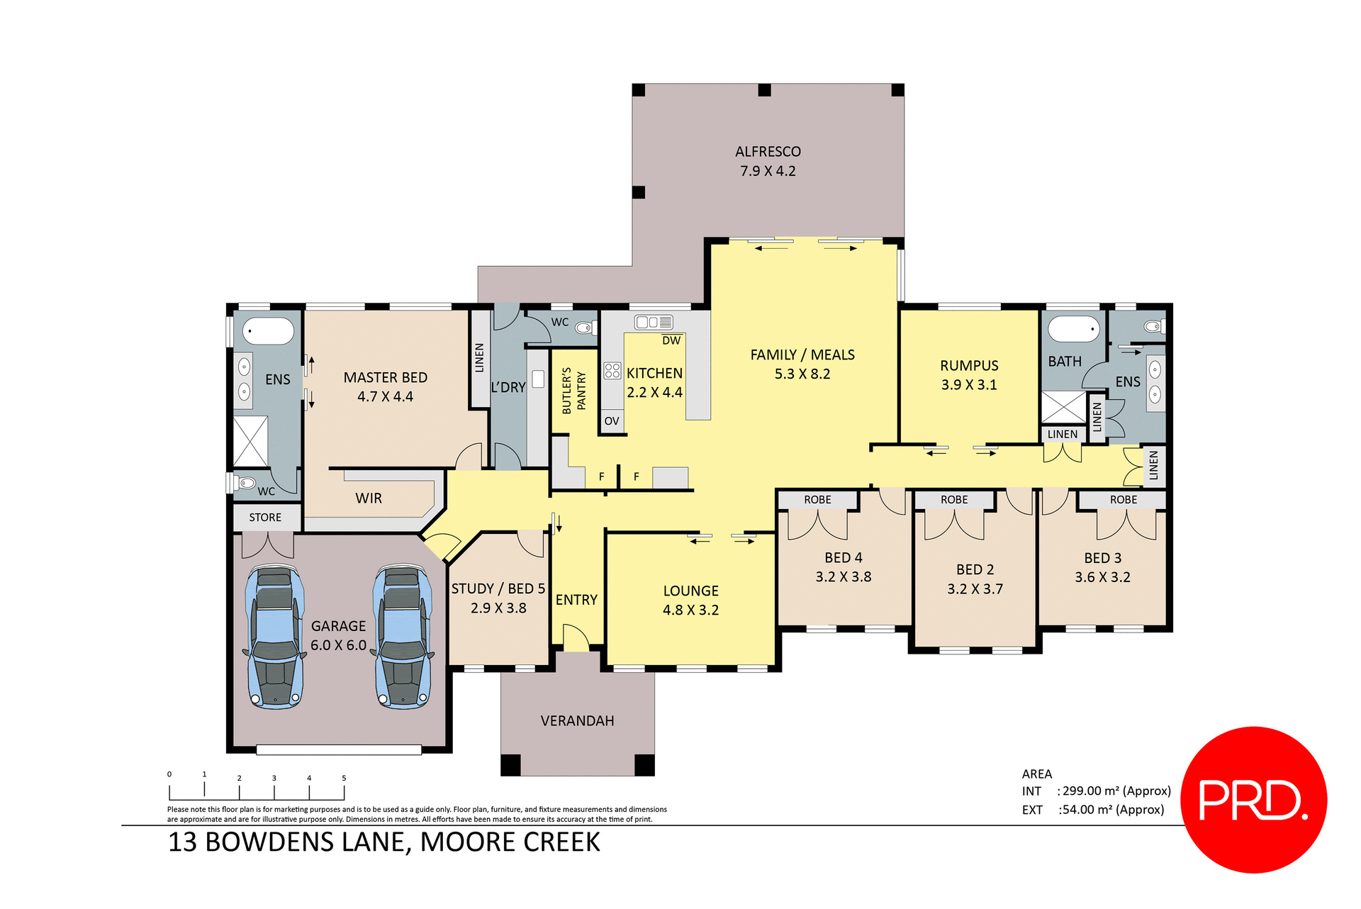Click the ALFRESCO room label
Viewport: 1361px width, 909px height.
(768, 152)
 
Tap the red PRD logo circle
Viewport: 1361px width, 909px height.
(1253, 799)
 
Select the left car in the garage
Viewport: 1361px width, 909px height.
(275, 637)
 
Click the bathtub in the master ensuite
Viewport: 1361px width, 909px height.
(268, 331)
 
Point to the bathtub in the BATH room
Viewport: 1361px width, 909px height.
(1073, 330)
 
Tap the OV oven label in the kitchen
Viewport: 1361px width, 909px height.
(612, 421)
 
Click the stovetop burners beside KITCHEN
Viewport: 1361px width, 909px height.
(612, 370)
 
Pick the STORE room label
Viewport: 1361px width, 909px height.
(265, 518)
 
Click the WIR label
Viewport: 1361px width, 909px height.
(369, 498)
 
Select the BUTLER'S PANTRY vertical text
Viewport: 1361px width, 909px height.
(573, 391)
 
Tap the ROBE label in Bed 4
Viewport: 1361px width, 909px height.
(817, 500)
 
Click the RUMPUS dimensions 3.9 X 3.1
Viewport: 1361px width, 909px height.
(969, 385)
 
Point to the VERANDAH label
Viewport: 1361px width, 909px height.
(577, 721)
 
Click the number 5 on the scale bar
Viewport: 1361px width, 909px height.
(344, 778)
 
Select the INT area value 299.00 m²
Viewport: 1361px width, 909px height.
(1115, 791)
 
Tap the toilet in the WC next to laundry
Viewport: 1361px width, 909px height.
(584, 328)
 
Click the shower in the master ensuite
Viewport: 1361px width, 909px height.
(250, 441)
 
